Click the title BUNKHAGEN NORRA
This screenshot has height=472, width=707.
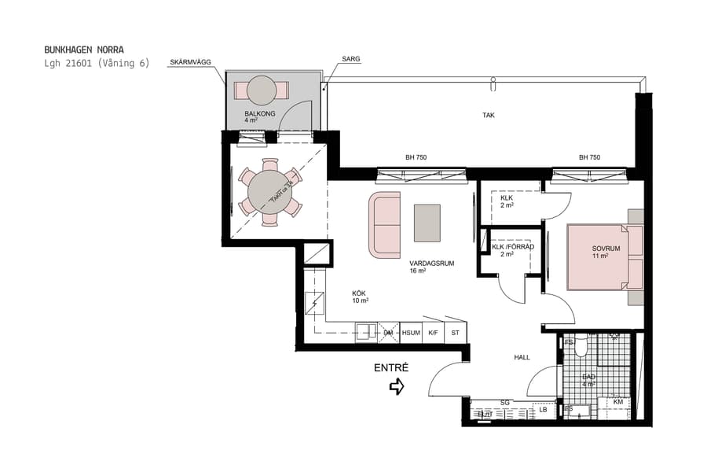(84, 50)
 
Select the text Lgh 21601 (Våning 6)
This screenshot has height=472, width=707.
(97, 64)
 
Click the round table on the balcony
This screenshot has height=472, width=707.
(262, 91)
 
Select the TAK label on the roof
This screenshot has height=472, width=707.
(489, 116)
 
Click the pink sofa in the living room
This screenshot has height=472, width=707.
(384, 224)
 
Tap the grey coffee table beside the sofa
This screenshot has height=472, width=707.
(427, 223)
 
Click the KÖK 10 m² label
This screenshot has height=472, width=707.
(360, 296)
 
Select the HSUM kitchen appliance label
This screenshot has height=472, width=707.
(411, 333)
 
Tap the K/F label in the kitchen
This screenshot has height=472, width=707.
(433, 333)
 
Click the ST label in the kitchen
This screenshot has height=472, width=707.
(455, 333)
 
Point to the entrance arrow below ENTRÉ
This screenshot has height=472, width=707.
(397, 386)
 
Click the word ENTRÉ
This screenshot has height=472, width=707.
(390, 368)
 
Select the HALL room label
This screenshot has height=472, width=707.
(522, 357)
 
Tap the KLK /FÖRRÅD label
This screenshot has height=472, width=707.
(513, 247)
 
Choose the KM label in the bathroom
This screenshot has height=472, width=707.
(618, 402)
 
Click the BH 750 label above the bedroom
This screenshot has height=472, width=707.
(589, 157)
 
